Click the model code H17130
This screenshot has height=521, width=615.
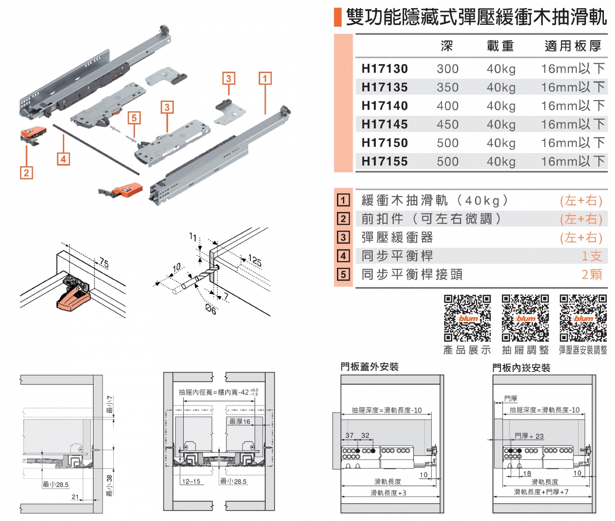pyautogui.click(x=384, y=68)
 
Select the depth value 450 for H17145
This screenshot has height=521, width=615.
pyautogui.click(x=447, y=124)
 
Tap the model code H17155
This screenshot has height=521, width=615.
pyautogui.click(x=384, y=162)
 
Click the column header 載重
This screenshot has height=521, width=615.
pyautogui.click(x=500, y=46)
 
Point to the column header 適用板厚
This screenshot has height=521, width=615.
pyautogui.click(x=573, y=46)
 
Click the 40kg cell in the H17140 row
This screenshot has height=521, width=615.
pyautogui.click(x=501, y=106)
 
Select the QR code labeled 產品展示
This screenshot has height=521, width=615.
pyautogui.click(x=467, y=318)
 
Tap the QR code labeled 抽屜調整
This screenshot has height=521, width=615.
pyautogui.click(x=525, y=318)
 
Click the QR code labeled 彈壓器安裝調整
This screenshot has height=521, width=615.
pyautogui.click(x=583, y=318)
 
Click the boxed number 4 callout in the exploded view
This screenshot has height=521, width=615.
pyautogui.click(x=63, y=159)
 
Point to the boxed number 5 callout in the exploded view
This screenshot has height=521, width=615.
pyautogui.click(x=134, y=118)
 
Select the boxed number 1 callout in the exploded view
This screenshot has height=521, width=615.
pyautogui.click(x=265, y=78)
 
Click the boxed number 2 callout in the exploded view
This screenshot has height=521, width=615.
pyautogui.click(x=26, y=173)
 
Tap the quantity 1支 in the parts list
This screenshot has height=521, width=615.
pyautogui.click(x=592, y=256)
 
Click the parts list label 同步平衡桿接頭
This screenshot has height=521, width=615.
pyautogui.click(x=412, y=275)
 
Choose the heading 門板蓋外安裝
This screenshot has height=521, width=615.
pyautogui.click(x=369, y=367)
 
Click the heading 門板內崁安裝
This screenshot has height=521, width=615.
pyautogui.click(x=521, y=368)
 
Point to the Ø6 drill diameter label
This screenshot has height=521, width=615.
pyautogui.click(x=211, y=309)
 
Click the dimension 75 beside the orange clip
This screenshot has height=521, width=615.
pyautogui.click(x=104, y=263)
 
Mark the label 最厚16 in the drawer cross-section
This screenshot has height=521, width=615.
pyautogui.click(x=240, y=421)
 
